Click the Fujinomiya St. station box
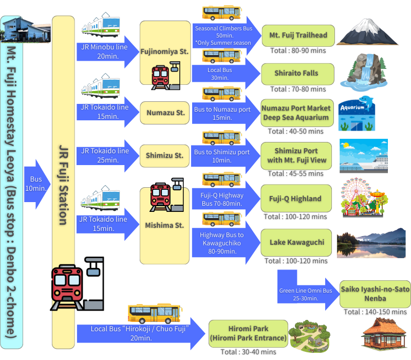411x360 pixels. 165,51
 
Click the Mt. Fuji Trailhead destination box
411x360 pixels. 298,35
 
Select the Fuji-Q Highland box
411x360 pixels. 296,199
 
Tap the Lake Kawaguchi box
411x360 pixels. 297,242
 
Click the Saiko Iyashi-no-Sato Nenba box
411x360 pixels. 375,294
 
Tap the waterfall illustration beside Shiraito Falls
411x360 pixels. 363,71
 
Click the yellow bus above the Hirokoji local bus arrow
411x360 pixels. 154,313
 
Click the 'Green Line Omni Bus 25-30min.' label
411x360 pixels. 306,294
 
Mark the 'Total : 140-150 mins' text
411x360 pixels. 375,312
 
